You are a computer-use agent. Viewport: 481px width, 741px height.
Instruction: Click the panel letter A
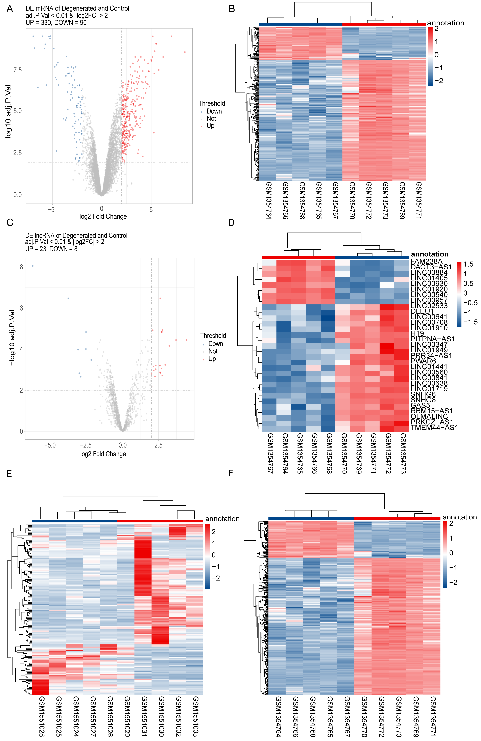pyautogui.click(x=10, y=9)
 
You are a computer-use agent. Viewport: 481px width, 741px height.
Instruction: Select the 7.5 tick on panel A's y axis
pyautogui.click(x=17, y=70)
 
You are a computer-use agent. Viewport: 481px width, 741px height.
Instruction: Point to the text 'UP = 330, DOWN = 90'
pyautogui.click(x=56, y=23)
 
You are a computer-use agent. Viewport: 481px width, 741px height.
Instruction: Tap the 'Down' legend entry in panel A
pyautogui.click(x=214, y=111)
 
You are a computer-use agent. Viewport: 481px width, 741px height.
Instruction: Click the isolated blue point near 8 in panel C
pyautogui.click(x=33, y=266)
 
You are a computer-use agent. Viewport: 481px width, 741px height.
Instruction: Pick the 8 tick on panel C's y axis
pyautogui.click(x=21, y=267)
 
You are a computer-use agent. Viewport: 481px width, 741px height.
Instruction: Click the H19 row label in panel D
pyautogui.click(x=417, y=333)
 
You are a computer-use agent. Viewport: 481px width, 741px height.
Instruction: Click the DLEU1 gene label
pyautogui.click(x=422, y=311)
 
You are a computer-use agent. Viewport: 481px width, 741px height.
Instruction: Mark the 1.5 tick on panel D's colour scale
pyautogui.click(x=468, y=264)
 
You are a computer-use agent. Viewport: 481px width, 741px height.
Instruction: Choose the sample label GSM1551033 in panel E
pyautogui.click(x=195, y=716)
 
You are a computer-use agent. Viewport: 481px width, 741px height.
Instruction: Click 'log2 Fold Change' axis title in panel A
pyautogui.click(x=103, y=216)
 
